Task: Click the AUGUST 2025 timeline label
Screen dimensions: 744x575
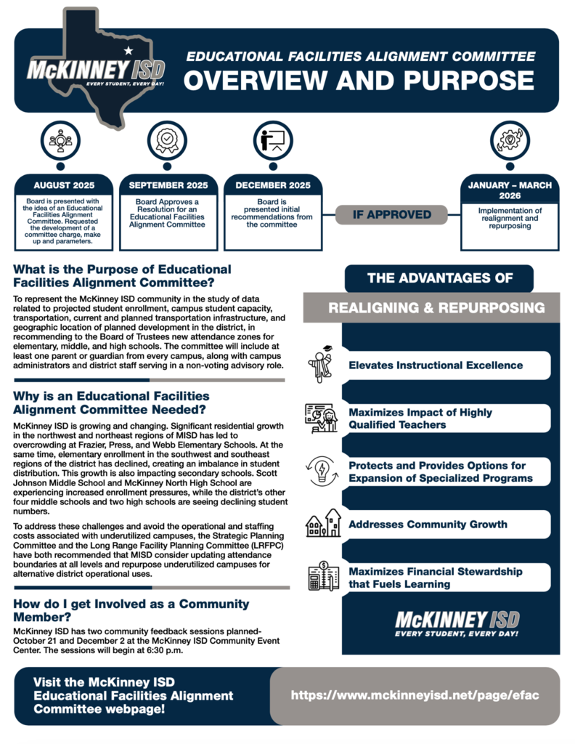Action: pyautogui.click(x=64, y=185)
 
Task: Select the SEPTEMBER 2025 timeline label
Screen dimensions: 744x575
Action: pyautogui.click(x=168, y=185)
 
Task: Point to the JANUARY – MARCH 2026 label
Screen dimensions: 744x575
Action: pyautogui.click(x=509, y=190)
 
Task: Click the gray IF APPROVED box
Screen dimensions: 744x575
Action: pyautogui.click(x=392, y=215)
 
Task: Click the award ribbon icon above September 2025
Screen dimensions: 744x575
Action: pyautogui.click(x=166, y=139)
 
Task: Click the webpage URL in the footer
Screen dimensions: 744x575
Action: pyautogui.click(x=415, y=695)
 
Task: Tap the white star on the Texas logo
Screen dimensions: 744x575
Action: pyautogui.click(x=129, y=50)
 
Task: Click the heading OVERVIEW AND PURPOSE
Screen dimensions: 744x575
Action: pyautogui.click(x=359, y=81)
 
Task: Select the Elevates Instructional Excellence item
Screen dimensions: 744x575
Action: pyautogui.click(x=436, y=365)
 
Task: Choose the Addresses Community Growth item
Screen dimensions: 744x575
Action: pyautogui.click(x=428, y=524)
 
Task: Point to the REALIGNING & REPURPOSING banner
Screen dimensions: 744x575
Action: pyautogui.click(x=436, y=308)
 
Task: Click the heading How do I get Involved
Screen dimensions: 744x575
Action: pyautogui.click(x=131, y=610)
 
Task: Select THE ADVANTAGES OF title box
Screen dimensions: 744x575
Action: pyautogui.click(x=439, y=278)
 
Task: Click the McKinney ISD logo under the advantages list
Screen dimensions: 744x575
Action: pyautogui.click(x=457, y=623)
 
